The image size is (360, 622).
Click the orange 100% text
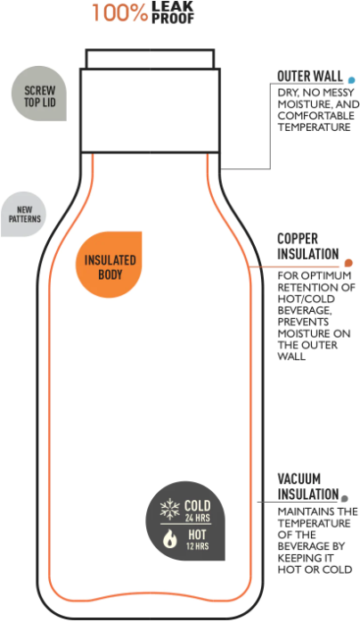point(119,12)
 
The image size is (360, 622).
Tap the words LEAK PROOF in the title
point(173,12)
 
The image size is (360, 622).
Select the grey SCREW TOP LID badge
point(39,94)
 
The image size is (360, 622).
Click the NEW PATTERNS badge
point(24,214)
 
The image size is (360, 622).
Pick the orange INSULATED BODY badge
point(109,265)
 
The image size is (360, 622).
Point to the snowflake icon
point(169,509)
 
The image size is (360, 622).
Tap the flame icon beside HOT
point(170,539)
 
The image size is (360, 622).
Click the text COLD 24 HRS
point(197,511)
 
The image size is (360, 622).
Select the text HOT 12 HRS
point(197,539)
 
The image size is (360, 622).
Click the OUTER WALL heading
point(309,76)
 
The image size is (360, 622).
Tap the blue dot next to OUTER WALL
point(351,80)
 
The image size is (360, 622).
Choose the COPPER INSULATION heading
point(308,246)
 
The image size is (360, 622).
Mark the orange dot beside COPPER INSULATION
point(348,263)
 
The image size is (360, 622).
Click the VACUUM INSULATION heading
point(307,487)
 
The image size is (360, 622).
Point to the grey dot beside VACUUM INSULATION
point(345,498)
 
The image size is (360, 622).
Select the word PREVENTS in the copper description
point(303,322)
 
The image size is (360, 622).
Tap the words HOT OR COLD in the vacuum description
point(315,569)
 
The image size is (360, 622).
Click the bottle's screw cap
point(151,101)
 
